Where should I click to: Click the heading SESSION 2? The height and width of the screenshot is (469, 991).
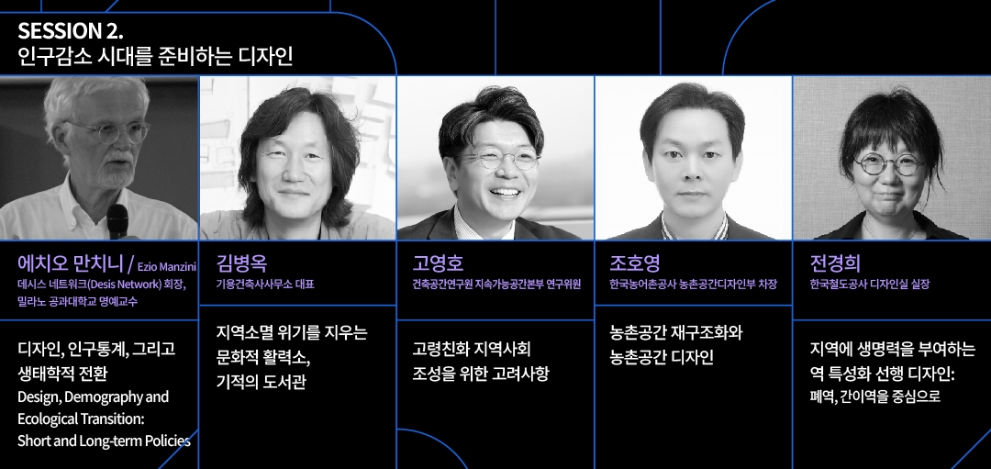(71, 30)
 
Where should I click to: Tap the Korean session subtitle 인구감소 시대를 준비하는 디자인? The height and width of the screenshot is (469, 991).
(155, 58)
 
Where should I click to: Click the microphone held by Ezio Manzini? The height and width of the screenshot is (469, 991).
(117, 221)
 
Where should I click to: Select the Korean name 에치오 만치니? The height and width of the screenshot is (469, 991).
(70, 262)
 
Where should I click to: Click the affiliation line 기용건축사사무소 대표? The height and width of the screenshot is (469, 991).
(265, 285)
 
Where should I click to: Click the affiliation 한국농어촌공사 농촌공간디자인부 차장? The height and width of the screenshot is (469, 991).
(693, 285)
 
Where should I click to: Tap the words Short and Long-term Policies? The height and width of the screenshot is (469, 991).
(104, 441)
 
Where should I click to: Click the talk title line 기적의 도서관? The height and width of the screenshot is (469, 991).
(261, 383)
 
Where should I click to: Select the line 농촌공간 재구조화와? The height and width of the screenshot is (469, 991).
(675, 332)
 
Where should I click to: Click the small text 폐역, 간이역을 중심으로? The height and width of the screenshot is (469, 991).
(874, 396)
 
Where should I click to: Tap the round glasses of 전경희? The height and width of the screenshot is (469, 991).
(889, 165)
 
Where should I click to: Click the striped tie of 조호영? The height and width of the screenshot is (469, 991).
(694, 229)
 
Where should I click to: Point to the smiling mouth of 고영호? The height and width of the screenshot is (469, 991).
(505, 192)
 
